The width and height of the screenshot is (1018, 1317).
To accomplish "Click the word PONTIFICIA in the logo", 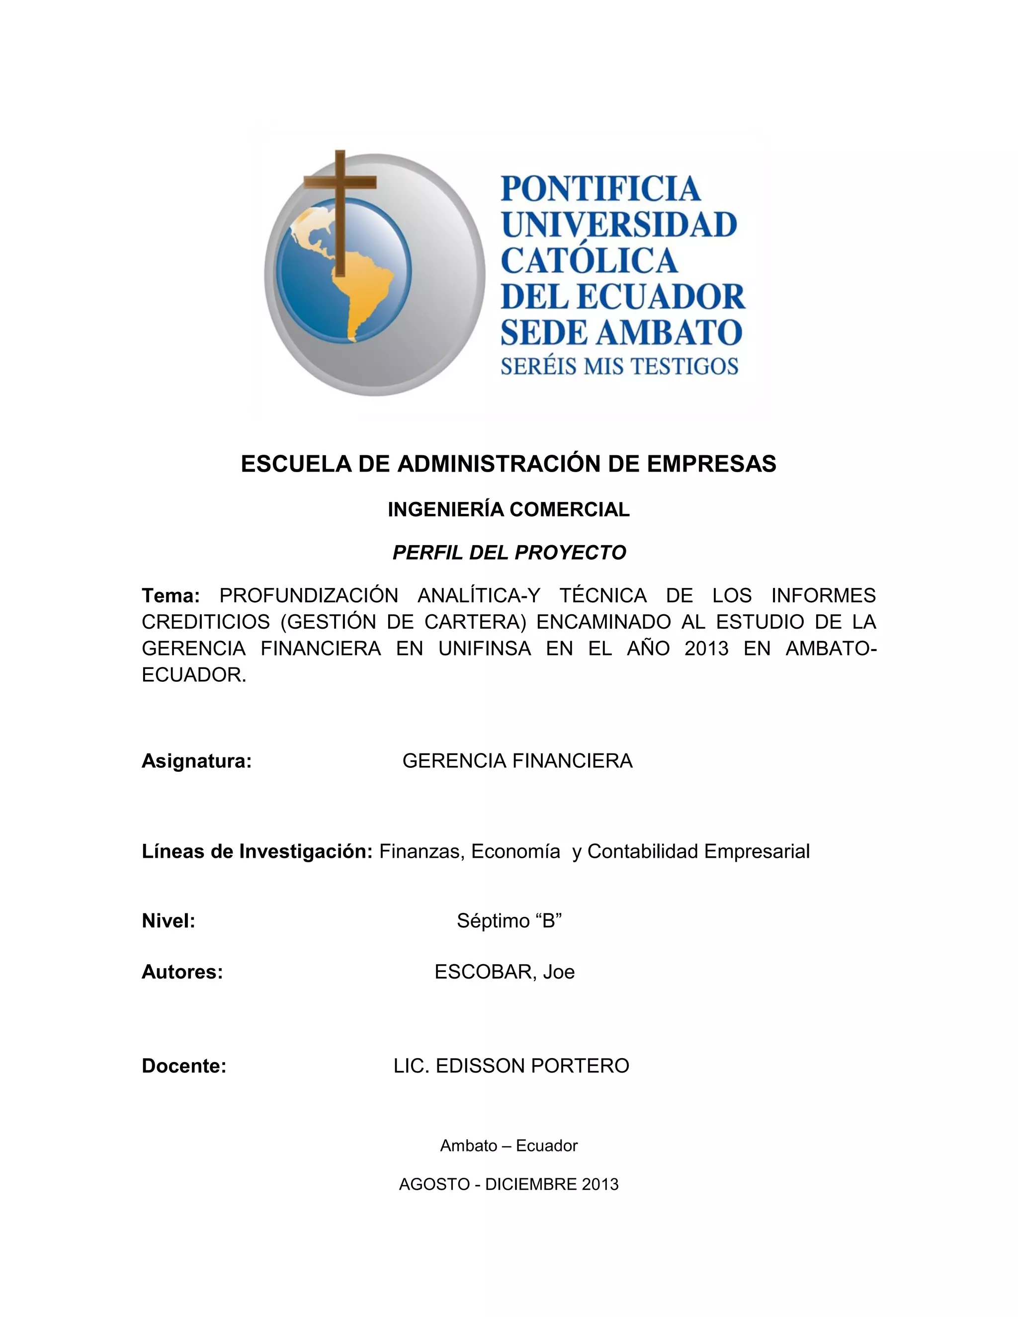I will pyautogui.click(x=600, y=189).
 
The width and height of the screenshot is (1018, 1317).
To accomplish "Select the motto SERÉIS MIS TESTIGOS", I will pyautogui.click(x=619, y=366).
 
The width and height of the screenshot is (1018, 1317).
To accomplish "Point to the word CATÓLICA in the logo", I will pyautogui.click(x=589, y=260).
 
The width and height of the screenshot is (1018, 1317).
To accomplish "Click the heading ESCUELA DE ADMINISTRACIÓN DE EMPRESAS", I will pyautogui.click(x=509, y=464).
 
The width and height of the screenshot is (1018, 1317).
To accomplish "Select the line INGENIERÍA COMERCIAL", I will pyautogui.click(x=509, y=509).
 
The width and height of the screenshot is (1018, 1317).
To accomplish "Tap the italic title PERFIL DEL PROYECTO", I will pyautogui.click(x=509, y=552).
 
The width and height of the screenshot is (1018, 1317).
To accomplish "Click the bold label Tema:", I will pyautogui.click(x=170, y=596).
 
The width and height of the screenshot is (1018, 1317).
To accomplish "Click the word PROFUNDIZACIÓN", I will pyautogui.click(x=309, y=596).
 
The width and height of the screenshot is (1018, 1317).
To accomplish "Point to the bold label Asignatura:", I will pyautogui.click(x=197, y=761).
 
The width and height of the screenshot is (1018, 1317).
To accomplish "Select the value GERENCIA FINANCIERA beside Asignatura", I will pyautogui.click(x=517, y=761).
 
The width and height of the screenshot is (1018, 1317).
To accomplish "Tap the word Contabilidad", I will pyautogui.click(x=643, y=851).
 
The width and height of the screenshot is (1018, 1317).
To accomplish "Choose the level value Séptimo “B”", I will pyautogui.click(x=509, y=921).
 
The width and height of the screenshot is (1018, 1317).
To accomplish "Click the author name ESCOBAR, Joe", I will pyautogui.click(x=504, y=972).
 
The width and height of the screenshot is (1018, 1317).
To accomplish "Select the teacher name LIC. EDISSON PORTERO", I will pyautogui.click(x=511, y=1066).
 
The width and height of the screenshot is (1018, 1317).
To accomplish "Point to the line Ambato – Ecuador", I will pyautogui.click(x=509, y=1146).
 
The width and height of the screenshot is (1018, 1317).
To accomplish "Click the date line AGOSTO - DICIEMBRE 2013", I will pyautogui.click(x=509, y=1184).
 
